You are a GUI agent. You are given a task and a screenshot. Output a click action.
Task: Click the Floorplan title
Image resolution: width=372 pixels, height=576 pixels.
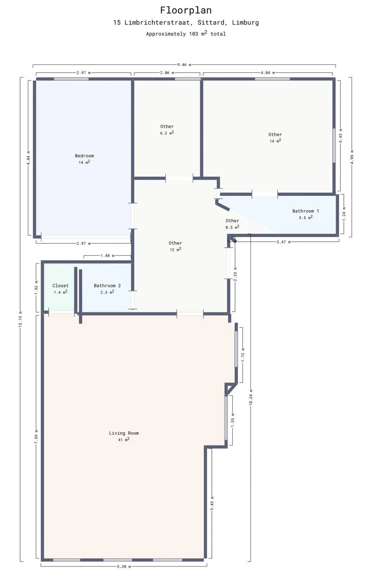[186, 10]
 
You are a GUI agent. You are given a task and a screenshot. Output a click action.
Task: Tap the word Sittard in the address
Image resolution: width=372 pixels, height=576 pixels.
[210, 22]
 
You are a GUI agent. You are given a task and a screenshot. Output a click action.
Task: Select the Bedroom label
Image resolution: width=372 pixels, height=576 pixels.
[84, 156]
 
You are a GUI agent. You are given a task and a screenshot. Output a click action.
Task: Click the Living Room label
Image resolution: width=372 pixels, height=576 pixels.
[124, 433]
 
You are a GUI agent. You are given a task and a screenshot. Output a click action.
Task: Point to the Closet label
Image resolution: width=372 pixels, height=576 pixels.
[60, 285]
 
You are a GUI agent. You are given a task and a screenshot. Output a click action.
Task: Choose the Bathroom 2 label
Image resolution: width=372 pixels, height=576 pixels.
[107, 285]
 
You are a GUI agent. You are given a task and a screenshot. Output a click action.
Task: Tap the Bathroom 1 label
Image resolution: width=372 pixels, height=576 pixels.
[305, 211]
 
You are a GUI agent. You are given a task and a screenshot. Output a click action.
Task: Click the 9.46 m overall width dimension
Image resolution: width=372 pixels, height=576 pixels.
[184, 65]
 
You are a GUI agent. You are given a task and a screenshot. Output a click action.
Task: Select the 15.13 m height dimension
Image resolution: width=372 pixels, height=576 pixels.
[21, 319]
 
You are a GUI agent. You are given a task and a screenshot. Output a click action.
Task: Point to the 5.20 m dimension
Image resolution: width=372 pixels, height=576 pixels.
[124, 566]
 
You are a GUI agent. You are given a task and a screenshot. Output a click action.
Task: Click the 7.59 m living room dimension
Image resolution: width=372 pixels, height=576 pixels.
[36, 436]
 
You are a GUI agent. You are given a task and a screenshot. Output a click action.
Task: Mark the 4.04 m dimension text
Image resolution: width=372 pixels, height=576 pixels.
[268, 73]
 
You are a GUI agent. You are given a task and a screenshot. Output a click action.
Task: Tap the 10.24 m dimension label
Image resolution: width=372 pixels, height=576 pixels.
[251, 397]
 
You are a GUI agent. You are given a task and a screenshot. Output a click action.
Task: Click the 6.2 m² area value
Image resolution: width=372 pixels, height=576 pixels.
[167, 133]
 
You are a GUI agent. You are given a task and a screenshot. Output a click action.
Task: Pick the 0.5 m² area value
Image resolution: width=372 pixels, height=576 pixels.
[232, 227]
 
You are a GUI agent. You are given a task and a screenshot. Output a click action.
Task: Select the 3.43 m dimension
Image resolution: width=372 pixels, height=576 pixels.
[212, 505]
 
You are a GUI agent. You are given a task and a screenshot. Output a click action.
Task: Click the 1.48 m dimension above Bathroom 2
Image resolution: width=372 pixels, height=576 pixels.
[107, 256]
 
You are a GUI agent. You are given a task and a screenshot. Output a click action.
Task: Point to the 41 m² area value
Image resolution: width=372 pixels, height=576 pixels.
[124, 440]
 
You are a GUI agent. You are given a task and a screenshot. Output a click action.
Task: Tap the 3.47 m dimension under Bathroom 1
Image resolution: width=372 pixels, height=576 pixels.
[283, 242]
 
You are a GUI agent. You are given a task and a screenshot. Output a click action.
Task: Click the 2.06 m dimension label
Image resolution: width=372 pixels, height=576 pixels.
[167, 73]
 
